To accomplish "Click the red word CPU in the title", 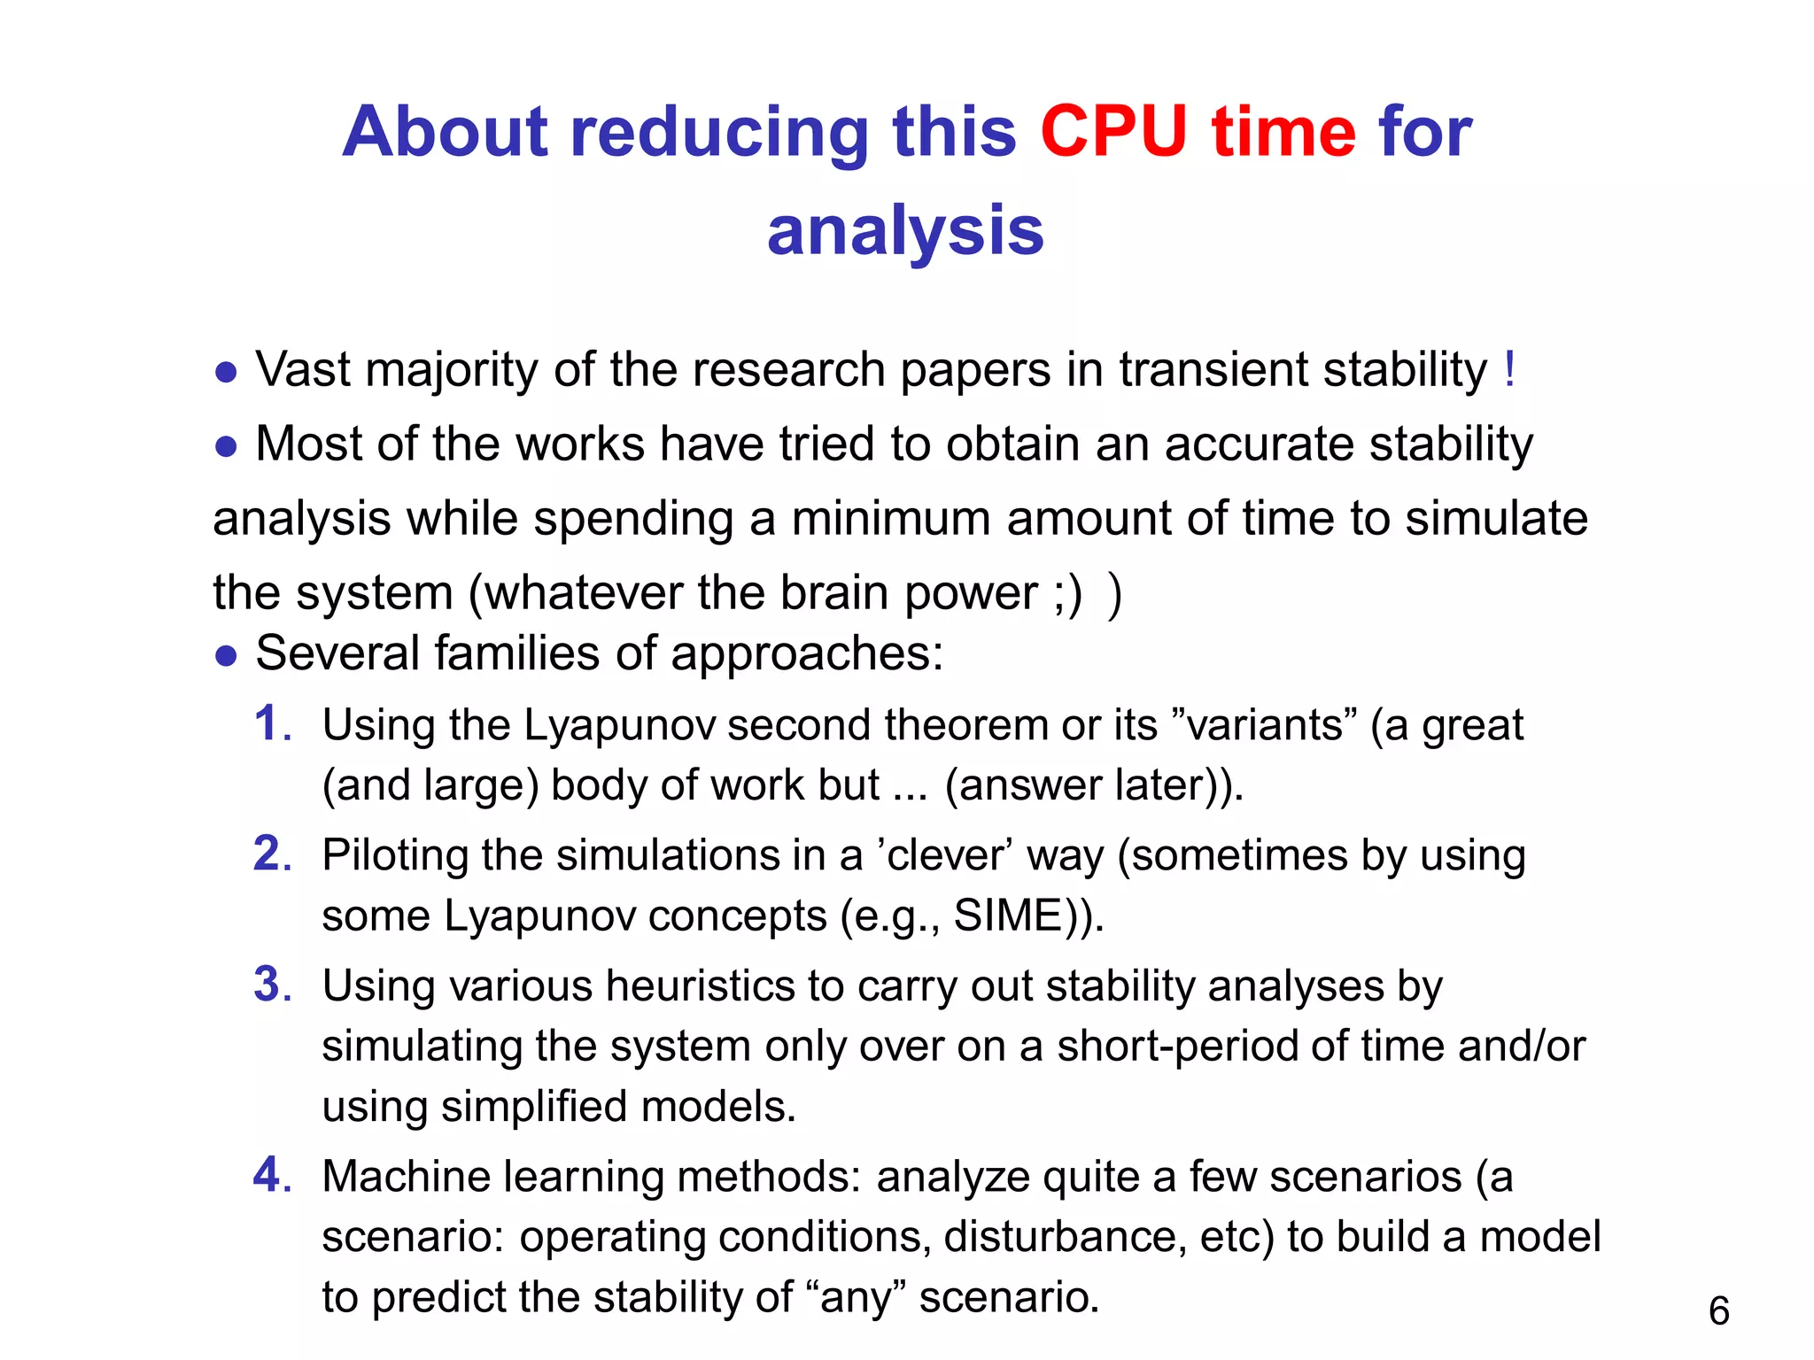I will [x=1113, y=132].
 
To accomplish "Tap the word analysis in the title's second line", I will [x=905, y=230].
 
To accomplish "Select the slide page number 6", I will [x=1718, y=1310].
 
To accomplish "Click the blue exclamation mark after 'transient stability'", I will [x=1509, y=369].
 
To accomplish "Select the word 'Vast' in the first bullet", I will [x=303, y=369].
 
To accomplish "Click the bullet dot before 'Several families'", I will [x=226, y=656].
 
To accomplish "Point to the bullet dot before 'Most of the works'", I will [x=226, y=446].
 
